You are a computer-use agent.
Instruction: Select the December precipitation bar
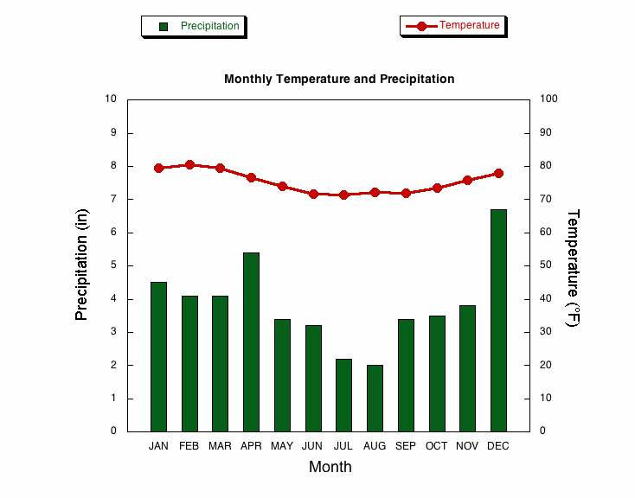[498, 320]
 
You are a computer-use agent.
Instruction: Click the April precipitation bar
[251, 342]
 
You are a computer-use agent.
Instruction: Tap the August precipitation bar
[375, 398]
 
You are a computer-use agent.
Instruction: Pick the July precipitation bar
[343, 394]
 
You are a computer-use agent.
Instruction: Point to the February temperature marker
[189, 164]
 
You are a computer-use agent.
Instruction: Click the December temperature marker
[498, 173]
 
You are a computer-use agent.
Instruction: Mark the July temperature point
[343, 195]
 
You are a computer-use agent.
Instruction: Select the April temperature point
[251, 177]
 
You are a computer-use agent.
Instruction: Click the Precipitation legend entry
[195, 26]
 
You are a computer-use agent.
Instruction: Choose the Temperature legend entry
[453, 25]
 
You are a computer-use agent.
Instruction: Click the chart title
[339, 79]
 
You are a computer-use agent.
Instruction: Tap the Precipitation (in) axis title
[82, 265]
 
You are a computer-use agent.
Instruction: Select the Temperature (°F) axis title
[572, 267]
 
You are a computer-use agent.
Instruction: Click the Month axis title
[330, 467]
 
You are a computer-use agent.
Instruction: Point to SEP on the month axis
[406, 446]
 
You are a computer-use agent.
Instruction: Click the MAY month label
[282, 446]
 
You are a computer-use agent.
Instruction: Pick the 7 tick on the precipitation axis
[112, 199]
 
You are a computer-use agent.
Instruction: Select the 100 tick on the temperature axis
[549, 99]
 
